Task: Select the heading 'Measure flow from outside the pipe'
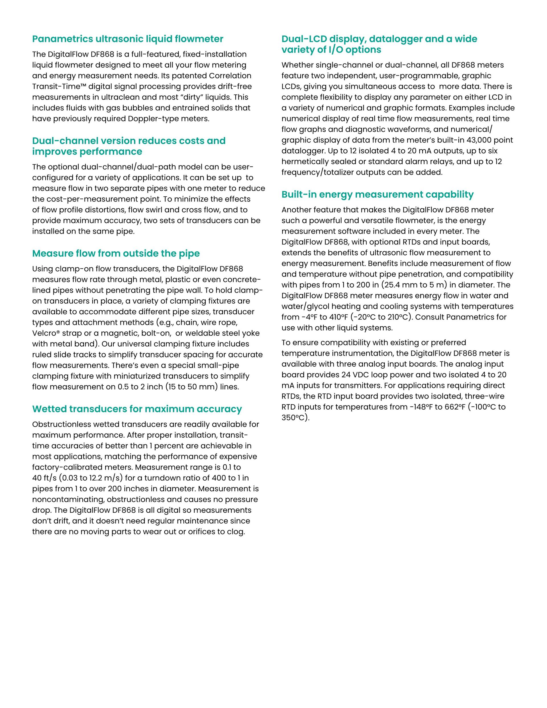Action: click(116, 253)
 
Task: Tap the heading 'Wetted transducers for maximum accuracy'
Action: click(137, 409)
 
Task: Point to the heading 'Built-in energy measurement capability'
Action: click(377, 194)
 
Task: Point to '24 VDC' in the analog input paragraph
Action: click(356, 375)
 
